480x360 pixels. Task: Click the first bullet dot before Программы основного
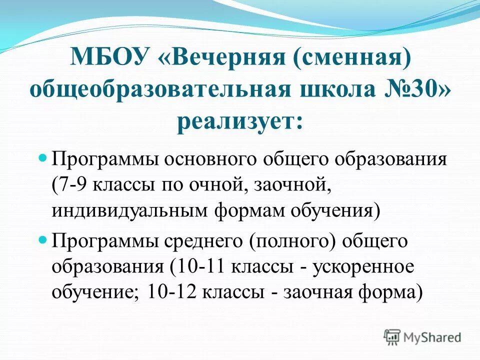[x=42, y=157]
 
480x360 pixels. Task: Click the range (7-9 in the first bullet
[x=71, y=185]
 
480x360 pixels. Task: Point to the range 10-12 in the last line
[x=173, y=292]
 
